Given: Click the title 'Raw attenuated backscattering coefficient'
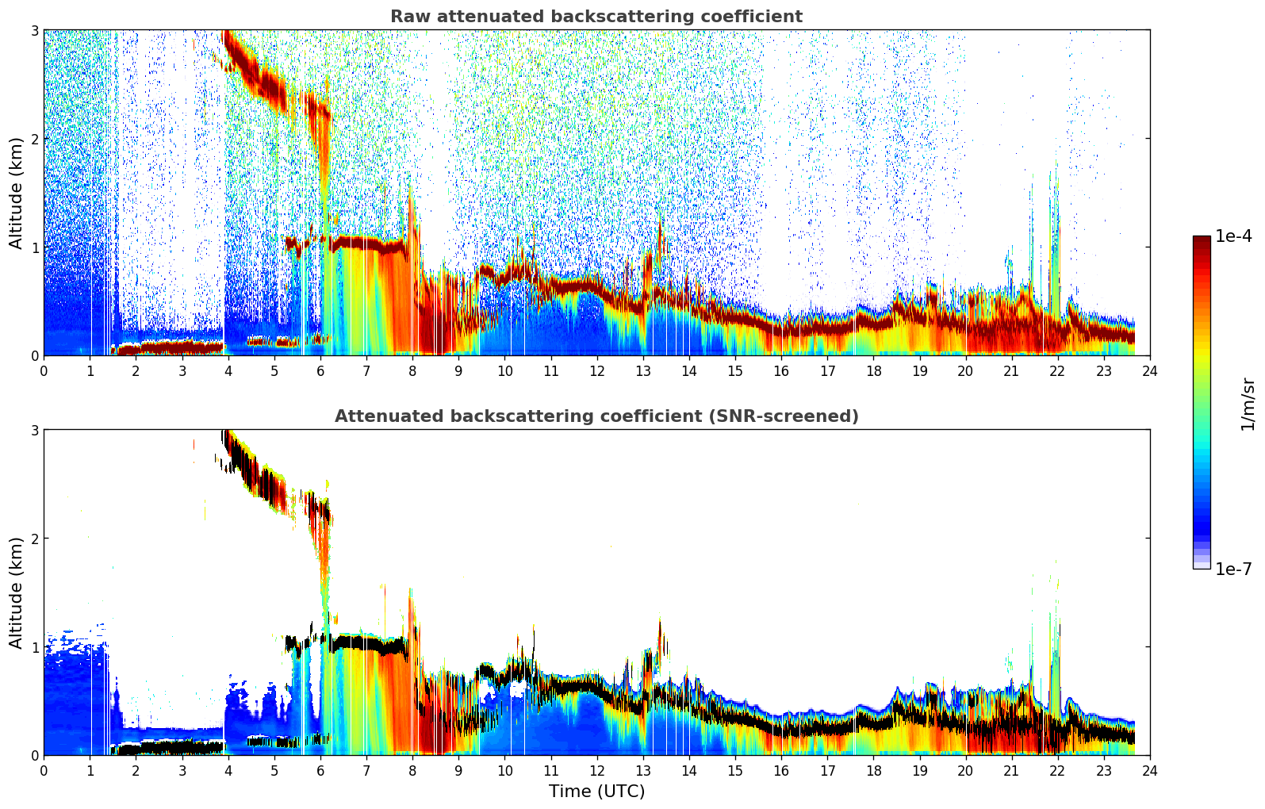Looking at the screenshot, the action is tap(596, 17).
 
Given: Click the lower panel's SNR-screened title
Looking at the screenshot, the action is tap(596, 416).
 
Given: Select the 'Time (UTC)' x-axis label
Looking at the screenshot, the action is tap(596, 791).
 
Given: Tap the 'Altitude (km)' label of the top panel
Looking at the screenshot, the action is tap(16, 194).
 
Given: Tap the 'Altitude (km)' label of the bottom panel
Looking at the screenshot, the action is tap(16, 592).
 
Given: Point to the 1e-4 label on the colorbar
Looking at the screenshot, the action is tap(1233, 236).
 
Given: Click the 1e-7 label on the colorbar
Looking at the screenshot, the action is tap(1233, 569).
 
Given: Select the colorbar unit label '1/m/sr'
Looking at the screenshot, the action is tap(1247, 405).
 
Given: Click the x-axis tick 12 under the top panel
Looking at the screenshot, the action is tap(597, 371).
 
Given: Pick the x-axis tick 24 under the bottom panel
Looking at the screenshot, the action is tap(1150, 771).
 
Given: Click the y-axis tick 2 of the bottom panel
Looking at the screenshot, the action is tap(34, 539).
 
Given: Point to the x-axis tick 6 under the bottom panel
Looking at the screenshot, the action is tap(320, 771).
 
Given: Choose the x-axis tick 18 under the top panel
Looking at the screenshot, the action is tap(874, 371).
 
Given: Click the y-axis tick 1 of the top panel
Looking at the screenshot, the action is tap(34, 247).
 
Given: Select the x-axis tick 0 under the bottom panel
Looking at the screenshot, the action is tap(44, 771).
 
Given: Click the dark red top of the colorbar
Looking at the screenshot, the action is tap(1202, 240).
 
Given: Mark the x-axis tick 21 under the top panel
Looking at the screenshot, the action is tap(1011, 371).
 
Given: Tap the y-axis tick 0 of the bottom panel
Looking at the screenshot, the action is tap(34, 755).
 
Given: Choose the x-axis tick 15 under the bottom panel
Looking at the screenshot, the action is tap(735, 771).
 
